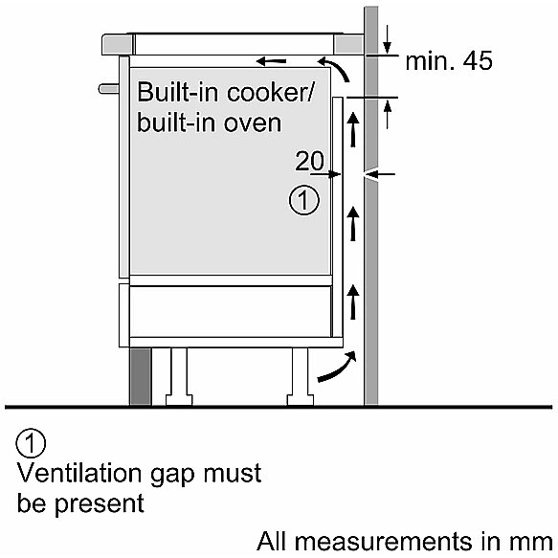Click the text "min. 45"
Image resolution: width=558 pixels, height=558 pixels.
click(449, 60)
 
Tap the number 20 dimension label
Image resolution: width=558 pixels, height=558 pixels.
click(309, 161)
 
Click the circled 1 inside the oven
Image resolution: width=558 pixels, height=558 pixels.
click(304, 200)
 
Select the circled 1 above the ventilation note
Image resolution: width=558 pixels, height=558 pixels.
click(31, 443)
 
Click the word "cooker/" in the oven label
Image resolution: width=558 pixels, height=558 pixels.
click(269, 92)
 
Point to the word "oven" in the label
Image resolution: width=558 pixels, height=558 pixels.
click(253, 123)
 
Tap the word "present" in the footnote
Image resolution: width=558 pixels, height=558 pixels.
click(100, 503)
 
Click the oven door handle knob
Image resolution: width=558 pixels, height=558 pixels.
click(109, 89)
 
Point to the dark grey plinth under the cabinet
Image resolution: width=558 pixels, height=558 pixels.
click(141, 376)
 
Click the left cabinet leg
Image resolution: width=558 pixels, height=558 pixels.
click(179, 376)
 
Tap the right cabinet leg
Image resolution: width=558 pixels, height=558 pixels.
click(301, 376)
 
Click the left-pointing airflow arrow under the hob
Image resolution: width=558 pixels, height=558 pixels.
click(271, 61)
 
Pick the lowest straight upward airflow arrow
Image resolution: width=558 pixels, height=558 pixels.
click(353, 301)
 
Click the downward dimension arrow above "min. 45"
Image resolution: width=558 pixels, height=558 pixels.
click(388, 39)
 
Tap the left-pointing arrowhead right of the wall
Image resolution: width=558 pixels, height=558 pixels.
click(381, 174)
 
